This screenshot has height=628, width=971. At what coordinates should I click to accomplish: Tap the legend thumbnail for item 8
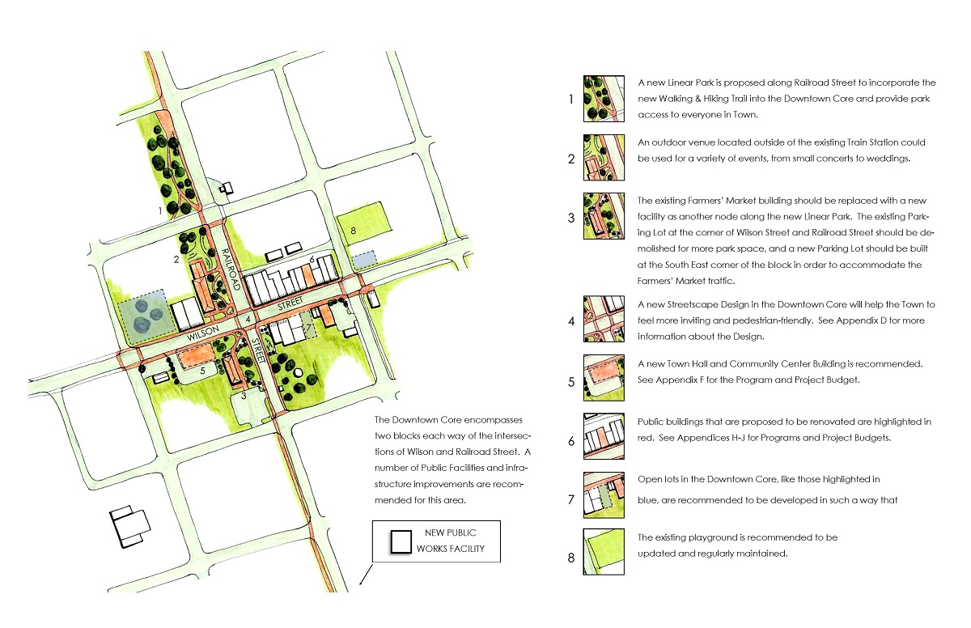coord(604,552)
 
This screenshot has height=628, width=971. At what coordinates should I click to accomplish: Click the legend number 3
coord(572,218)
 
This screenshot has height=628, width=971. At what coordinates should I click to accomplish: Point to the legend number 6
coord(572,441)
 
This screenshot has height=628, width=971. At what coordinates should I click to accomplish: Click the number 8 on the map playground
coord(354,231)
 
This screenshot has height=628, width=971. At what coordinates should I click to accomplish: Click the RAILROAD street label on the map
coord(231,272)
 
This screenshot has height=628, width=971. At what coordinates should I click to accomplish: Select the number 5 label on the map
coord(203,370)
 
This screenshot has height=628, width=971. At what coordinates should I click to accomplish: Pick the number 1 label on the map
coord(162,211)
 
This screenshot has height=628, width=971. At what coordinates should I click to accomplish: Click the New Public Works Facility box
coord(437,541)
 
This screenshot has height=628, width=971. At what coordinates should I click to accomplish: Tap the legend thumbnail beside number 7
coord(604,494)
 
